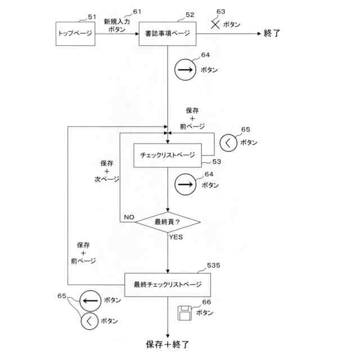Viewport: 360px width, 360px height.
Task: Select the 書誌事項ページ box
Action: (167, 33)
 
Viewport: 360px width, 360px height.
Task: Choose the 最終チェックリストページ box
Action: (167, 284)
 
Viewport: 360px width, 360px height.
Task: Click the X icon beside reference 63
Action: (214, 25)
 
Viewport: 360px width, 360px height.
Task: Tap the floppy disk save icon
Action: (184, 312)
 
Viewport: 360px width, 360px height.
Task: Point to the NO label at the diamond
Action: (129, 216)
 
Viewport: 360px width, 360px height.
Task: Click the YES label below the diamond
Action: (176, 237)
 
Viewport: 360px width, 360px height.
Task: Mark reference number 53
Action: (216, 162)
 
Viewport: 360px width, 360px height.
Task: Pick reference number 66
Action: (206, 302)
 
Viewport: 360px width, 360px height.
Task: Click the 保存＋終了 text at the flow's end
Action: (167, 344)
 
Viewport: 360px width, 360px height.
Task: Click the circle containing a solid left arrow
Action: (90, 300)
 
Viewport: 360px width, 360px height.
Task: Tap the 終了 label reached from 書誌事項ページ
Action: (272, 33)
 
